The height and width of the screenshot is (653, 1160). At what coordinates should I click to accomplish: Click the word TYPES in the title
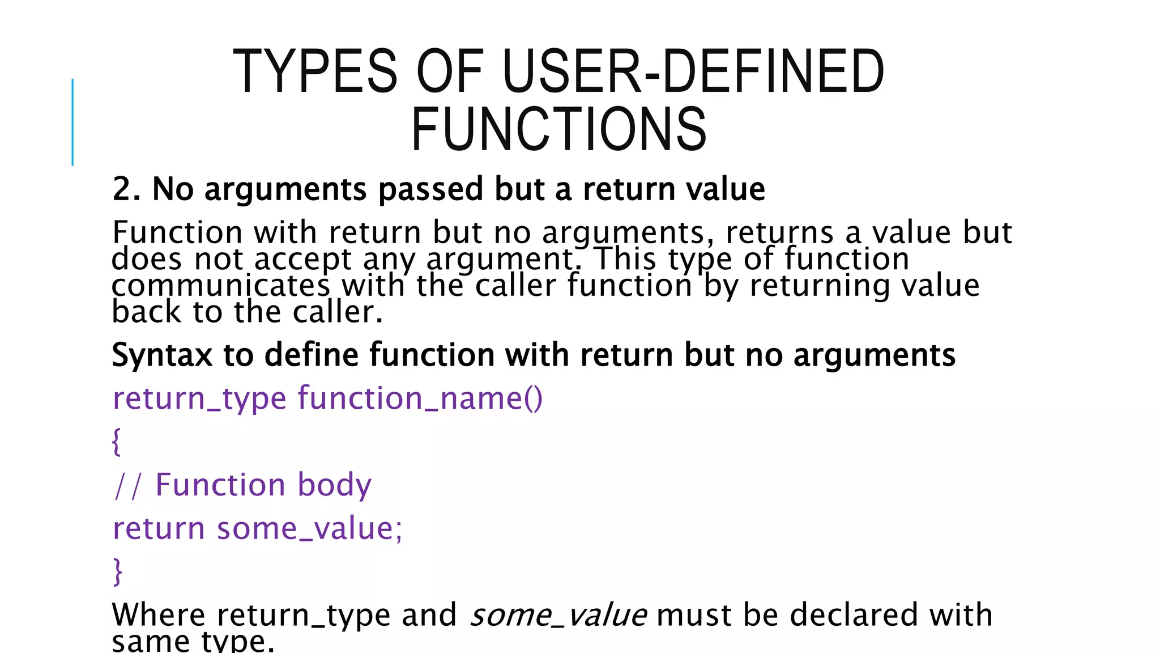point(315,71)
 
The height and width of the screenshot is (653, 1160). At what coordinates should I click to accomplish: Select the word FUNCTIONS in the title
point(558,129)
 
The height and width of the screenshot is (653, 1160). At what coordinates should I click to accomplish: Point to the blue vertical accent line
point(72,122)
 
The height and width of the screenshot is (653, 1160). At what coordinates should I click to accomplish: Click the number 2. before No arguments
point(126,189)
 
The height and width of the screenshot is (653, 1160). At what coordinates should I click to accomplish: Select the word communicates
point(220,285)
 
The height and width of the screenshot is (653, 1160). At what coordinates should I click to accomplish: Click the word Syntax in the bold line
point(162,355)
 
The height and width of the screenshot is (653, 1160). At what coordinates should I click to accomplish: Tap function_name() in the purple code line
point(420,398)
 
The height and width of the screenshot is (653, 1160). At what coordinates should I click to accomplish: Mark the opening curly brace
point(117,442)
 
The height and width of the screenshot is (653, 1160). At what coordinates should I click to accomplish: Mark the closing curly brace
point(117,571)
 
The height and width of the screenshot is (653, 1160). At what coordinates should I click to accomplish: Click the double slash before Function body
point(127,486)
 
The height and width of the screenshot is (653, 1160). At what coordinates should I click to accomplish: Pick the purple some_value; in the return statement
point(309,529)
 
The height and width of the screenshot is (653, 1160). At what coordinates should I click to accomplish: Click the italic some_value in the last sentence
point(558,616)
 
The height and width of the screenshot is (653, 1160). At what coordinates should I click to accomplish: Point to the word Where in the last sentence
point(159,615)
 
